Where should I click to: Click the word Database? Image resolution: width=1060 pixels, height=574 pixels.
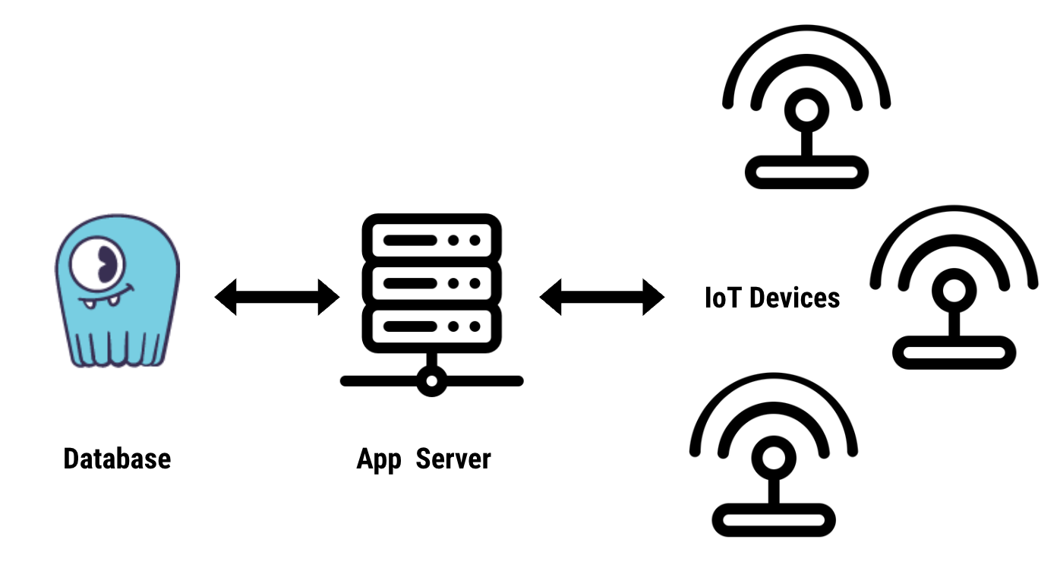(x=117, y=459)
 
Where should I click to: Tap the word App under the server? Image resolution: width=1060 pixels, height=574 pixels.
(x=378, y=459)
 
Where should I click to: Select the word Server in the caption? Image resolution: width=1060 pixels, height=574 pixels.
(x=453, y=459)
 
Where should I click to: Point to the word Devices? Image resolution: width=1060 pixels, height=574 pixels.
(x=794, y=297)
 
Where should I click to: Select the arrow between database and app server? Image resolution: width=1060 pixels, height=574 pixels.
(x=276, y=296)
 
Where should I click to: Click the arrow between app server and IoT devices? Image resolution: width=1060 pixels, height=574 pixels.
(x=601, y=296)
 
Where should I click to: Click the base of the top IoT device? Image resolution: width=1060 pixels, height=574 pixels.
(x=806, y=172)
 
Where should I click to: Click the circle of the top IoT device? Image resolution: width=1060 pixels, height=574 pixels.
(x=806, y=110)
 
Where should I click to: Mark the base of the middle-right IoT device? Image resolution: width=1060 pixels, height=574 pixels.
(x=954, y=352)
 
